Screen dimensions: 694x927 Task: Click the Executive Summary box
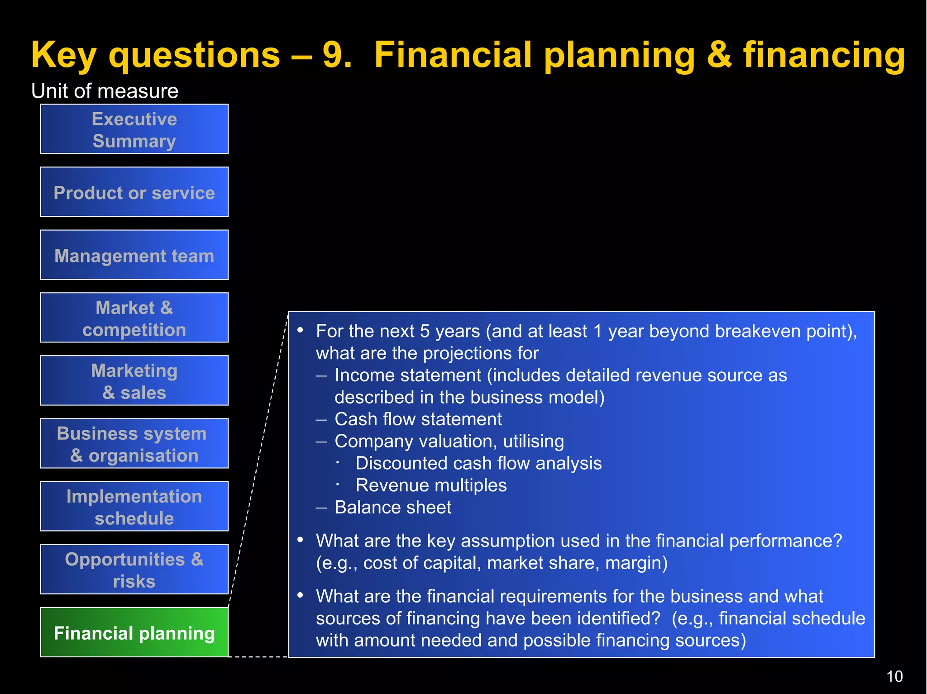pyautogui.click(x=134, y=129)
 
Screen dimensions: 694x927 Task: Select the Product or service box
pyautogui.click(x=134, y=192)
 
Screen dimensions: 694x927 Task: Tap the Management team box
pyautogui.click(x=134, y=255)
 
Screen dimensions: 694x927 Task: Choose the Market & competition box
pyautogui.click(x=134, y=318)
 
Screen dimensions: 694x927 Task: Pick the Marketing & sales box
pyautogui.click(x=134, y=381)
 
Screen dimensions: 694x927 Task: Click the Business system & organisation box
pyautogui.click(x=134, y=444)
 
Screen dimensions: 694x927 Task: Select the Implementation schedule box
pyautogui.click(x=134, y=507)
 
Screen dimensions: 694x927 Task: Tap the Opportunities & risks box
pyautogui.click(x=134, y=570)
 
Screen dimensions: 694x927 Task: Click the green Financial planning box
pyautogui.click(x=134, y=632)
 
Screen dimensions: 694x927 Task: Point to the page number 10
pyautogui.click(x=894, y=676)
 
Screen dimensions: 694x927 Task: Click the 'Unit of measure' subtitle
pyautogui.click(x=105, y=91)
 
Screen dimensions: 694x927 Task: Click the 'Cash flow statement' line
pyautogui.click(x=418, y=419)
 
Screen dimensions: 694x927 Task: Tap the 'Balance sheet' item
pyautogui.click(x=392, y=508)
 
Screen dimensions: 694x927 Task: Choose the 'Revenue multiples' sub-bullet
pyautogui.click(x=431, y=485)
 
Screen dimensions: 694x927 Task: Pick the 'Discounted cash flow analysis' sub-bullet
pyautogui.click(x=478, y=463)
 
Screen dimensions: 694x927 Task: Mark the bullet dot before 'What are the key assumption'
pyautogui.click(x=300, y=539)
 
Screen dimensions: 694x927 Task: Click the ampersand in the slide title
pyautogui.click(x=718, y=55)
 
